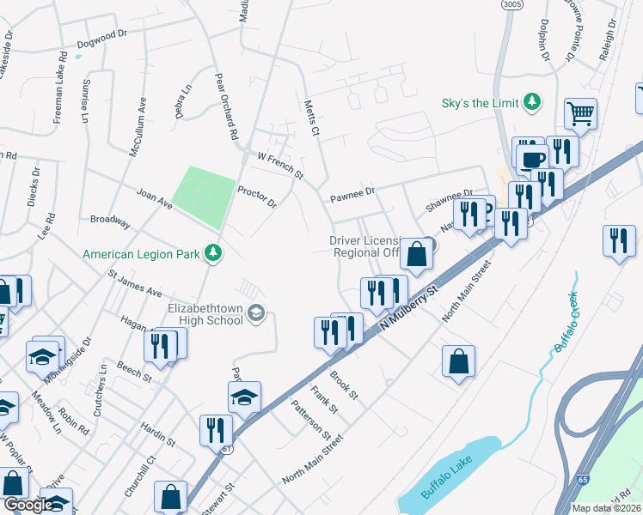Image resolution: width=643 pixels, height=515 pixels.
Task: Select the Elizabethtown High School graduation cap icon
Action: coord(255,315)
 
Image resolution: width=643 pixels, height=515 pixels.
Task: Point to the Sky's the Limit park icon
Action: coord(533,103)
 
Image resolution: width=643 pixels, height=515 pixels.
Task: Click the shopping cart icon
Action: coord(581,113)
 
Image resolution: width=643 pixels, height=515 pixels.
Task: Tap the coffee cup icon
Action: coord(532,160)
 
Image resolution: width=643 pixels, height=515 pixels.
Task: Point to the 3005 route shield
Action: coord(513,4)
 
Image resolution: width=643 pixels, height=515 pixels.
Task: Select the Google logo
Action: coord(28,505)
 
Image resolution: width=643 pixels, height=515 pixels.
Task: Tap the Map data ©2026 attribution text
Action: coord(607,508)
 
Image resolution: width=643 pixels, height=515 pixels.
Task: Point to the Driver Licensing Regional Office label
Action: coord(365,246)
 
